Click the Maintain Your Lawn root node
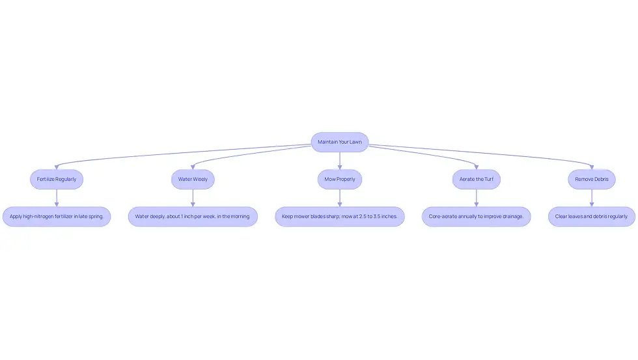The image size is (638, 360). click(x=340, y=142)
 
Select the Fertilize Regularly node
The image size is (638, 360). click(x=57, y=180)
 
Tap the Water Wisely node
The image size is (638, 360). click(x=193, y=180)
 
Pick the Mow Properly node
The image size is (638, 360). click(x=340, y=180)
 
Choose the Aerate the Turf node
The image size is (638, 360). click(x=477, y=180)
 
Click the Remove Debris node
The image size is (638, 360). click(x=592, y=180)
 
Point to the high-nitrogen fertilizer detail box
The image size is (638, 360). click(x=57, y=216)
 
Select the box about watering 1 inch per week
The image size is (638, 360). click(x=193, y=216)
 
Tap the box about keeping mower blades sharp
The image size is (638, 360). click(x=340, y=216)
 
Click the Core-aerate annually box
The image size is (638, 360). click(x=477, y=216)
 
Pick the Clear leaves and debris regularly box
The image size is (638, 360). click(x=592, y=216)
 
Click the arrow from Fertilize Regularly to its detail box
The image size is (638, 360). click(x=57, y=198)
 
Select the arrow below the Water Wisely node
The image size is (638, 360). click(x=193, y=198)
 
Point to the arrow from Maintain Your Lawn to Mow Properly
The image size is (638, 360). click(x=340, y=161)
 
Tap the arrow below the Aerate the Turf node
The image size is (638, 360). click(x=477, y=198)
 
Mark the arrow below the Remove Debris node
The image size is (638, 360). click(x=592, y=198)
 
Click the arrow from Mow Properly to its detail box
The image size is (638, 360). click(x=340, y=198)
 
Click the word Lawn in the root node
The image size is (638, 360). click(x=355, y=142)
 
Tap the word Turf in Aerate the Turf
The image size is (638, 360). click(x=489, y=180)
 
